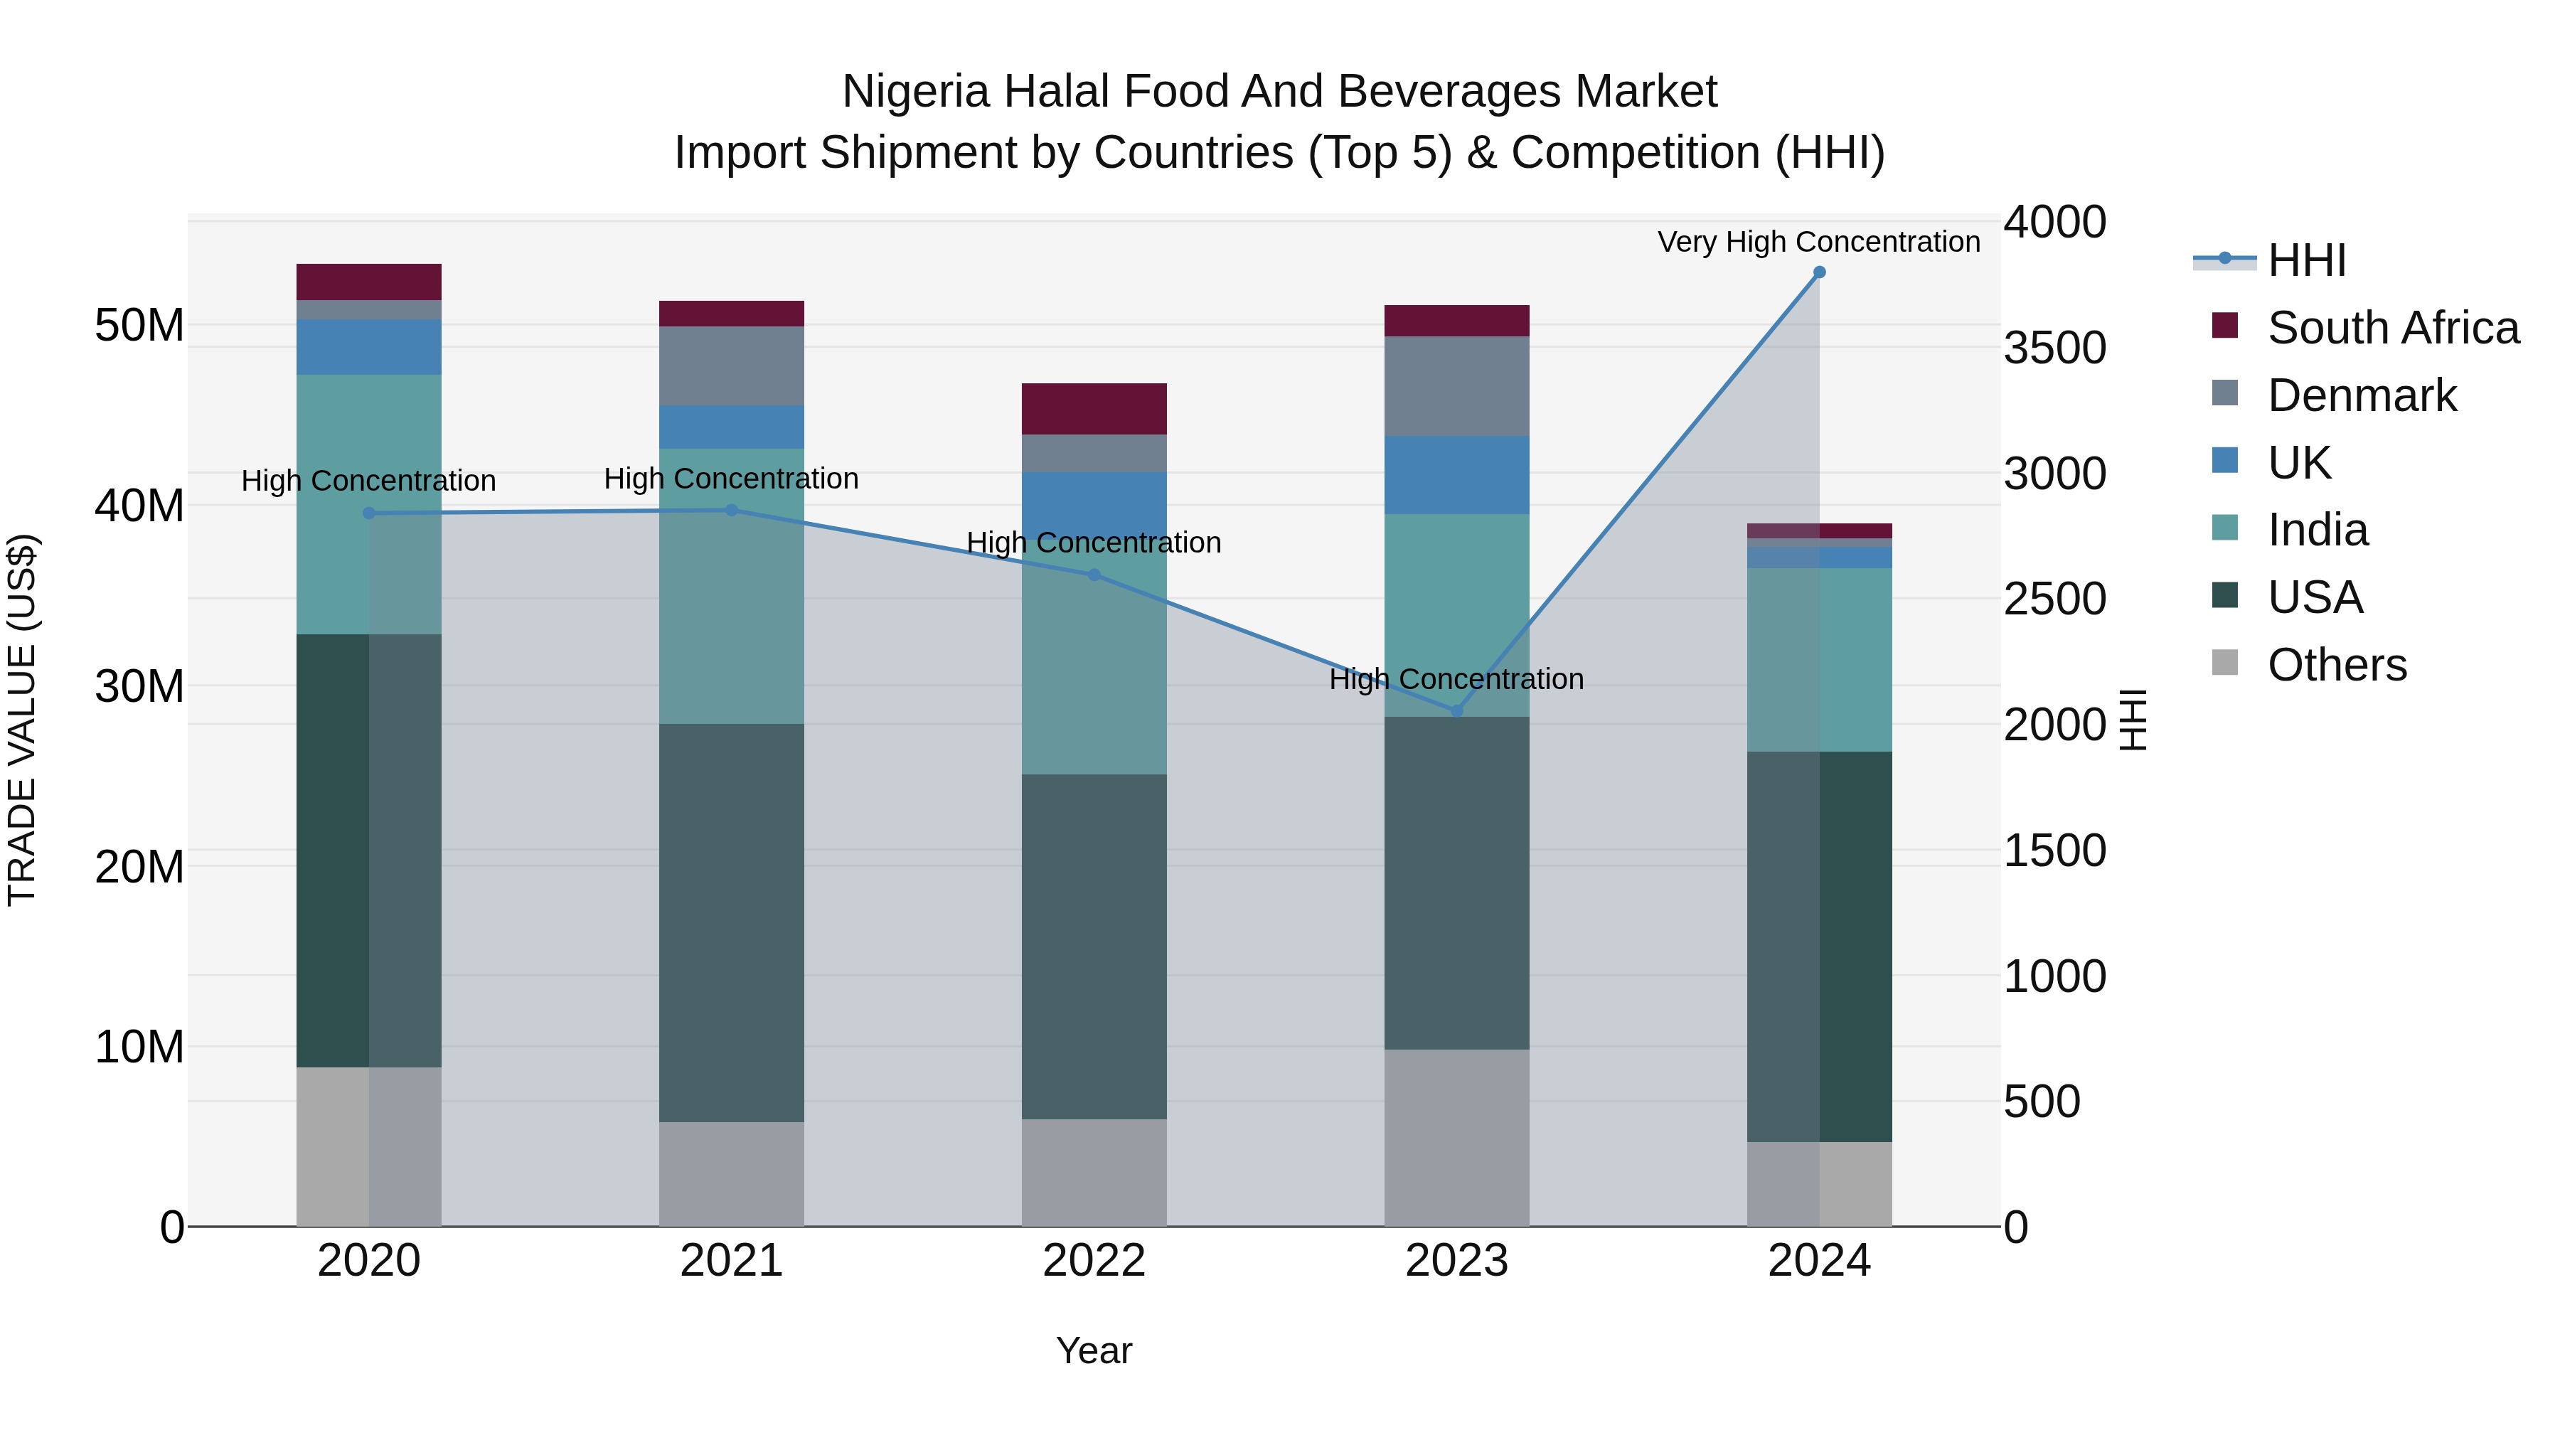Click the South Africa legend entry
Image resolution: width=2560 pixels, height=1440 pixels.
pyautogui.click(x=2392, y=328)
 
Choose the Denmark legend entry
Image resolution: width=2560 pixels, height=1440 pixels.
pyautogui.click(x=2361, y=395)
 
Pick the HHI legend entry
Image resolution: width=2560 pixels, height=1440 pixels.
pyautogui.click(x=2307, y=260)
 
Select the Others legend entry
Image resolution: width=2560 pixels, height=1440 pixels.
pyautogui.click(x=2337, y=665)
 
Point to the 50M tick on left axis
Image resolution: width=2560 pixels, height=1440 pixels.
pyautogui.click(x=139, y=325)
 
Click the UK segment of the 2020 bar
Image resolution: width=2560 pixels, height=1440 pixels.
pyautogui.click(x=368, y=347)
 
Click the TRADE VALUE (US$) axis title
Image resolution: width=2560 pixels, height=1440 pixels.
pyautogui.click(x=22, y=720)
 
